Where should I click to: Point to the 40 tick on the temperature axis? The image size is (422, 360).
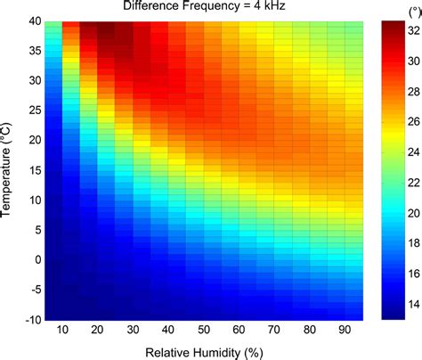tap(27, 21)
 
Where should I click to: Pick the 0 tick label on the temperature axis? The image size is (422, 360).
tap(29, 259)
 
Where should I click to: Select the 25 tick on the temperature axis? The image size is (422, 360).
tap(27, 110)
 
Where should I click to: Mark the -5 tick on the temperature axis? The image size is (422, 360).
tap(27, 289)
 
